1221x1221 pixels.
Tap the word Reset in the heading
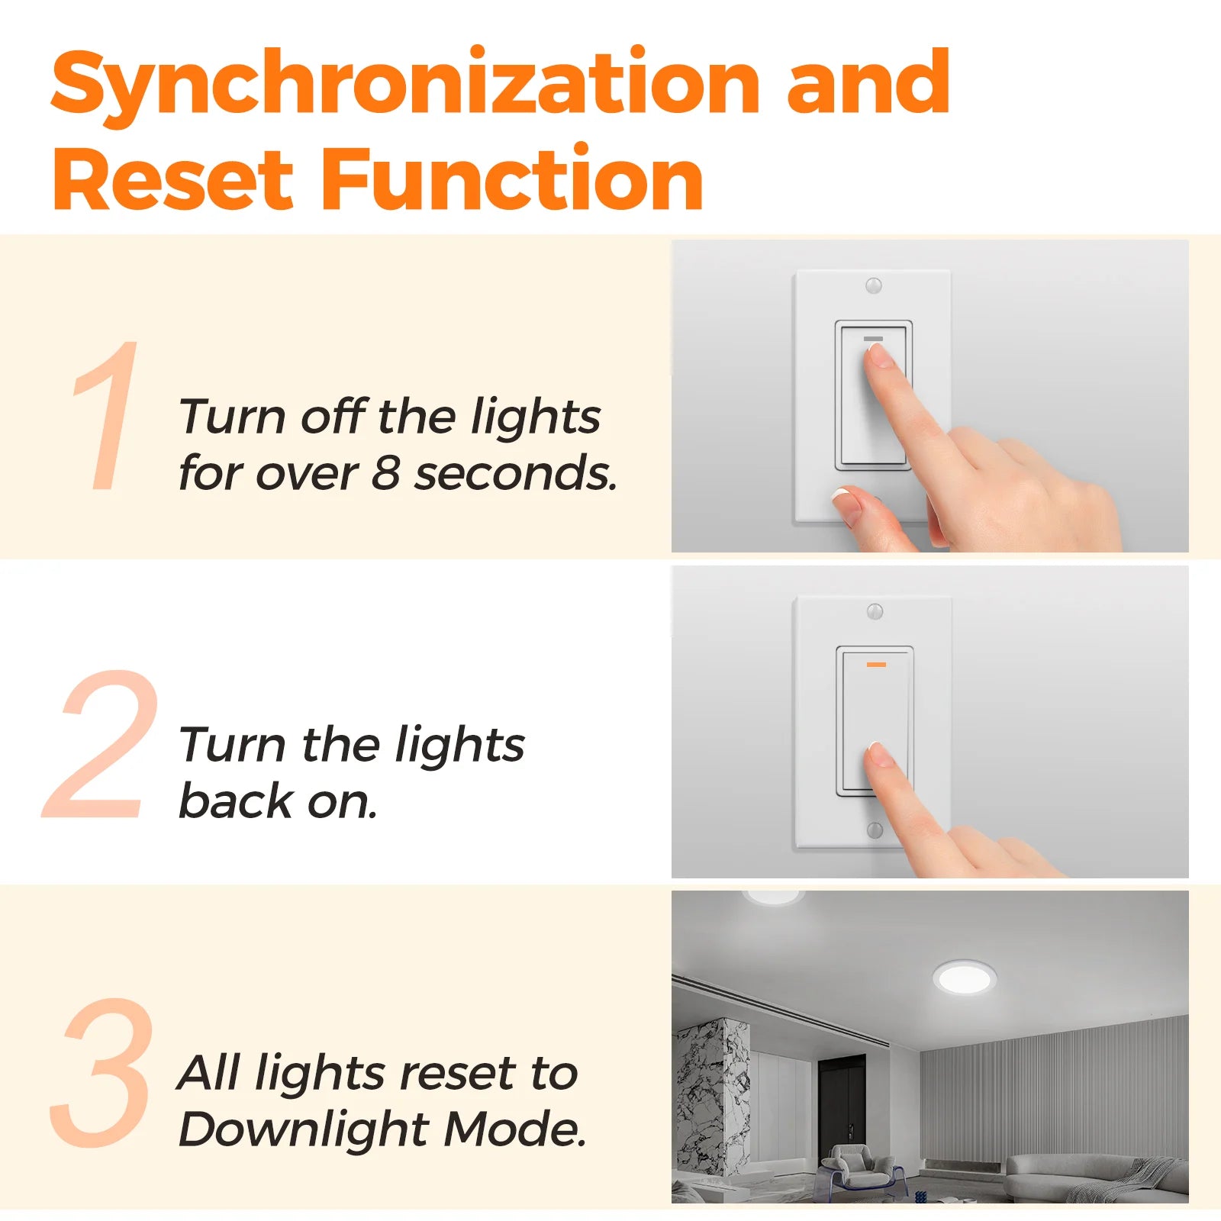tap(173, 179)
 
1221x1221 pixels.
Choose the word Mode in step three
tap(515, 1129)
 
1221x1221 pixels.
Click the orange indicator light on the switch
tap(876, 665)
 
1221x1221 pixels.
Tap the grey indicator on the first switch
tap(873, 338)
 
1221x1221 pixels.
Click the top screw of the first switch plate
tap(874, 285)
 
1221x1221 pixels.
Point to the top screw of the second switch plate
tap(875, 611)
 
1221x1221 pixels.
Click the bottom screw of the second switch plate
tap(875, 830)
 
